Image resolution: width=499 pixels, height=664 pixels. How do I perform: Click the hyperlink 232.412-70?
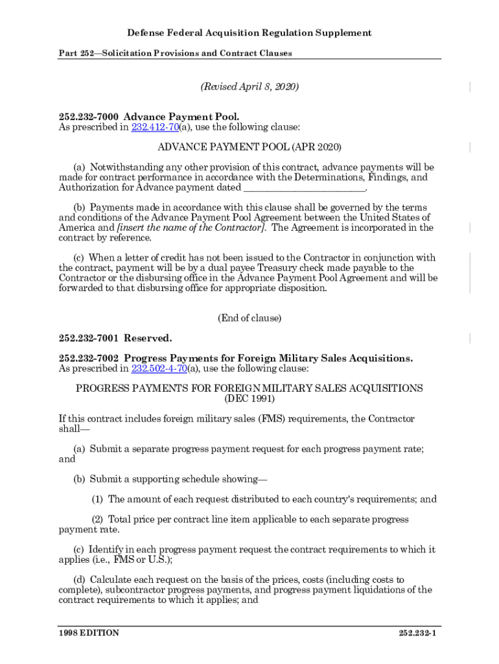154,128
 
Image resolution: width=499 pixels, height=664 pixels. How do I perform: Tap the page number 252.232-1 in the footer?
418,633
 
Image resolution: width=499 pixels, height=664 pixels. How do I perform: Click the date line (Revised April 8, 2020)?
250,86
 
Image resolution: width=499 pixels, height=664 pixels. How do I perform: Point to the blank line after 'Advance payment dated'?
304,188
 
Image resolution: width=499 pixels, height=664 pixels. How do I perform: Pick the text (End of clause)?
250,318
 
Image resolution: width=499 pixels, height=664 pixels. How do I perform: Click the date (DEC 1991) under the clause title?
250,399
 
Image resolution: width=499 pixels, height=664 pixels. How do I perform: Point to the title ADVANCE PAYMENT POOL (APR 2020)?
250,148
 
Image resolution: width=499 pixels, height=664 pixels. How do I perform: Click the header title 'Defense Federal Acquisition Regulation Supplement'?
250,32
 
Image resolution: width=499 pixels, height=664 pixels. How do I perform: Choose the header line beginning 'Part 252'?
175,53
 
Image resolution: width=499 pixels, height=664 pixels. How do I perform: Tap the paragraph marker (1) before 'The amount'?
97,499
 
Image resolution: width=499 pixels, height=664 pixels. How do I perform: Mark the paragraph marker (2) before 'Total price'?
97,519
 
